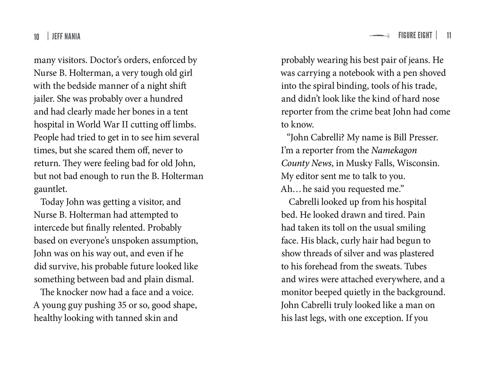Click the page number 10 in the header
[37, 37]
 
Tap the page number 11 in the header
[449, 35]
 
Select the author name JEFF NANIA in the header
[66, 36]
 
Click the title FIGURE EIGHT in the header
[415, 35]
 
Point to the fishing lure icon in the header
[379, 36]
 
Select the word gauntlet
[50, 189]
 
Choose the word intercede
[51, 228]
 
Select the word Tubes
[415, 266]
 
